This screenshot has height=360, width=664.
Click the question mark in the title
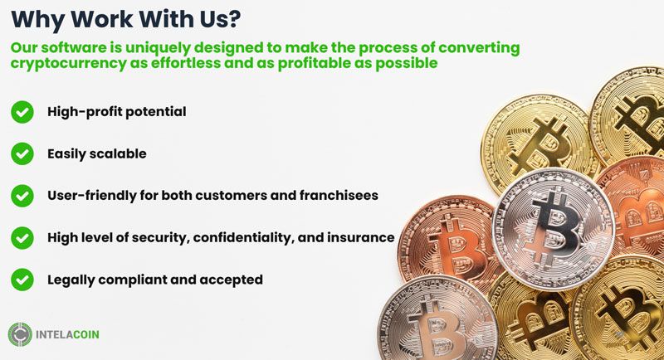click(x=232, y=18)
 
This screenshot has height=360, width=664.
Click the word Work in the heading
click(x=100, y=18)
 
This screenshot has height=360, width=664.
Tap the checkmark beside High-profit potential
click(x=22, y=112)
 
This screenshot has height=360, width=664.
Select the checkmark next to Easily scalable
click(x=22, y=153)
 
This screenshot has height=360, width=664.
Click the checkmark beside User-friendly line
click(x=22, y=196)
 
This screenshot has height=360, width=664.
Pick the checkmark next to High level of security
click(x=22, y=238)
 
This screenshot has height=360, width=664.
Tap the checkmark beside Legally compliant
click(x=22, y=280)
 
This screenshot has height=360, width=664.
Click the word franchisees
click(x=339, y=195)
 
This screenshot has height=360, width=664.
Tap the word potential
click(x=156, y=112)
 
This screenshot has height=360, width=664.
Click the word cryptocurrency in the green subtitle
click(x=69, y=63)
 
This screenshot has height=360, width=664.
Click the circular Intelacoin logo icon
click(x=20, y=334)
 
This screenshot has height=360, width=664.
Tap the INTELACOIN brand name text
click(x=67, y=334)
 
